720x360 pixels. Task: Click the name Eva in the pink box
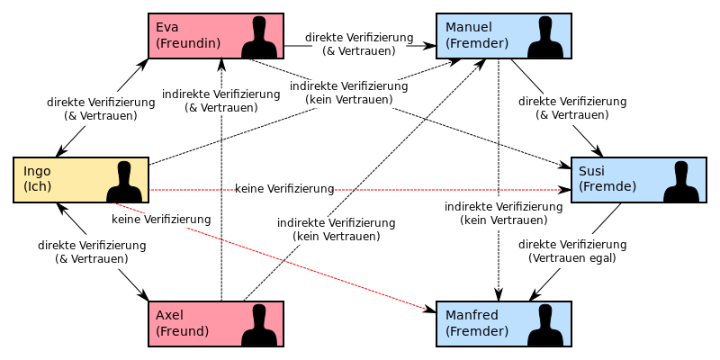click(167, 27)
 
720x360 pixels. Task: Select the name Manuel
click(469, 27)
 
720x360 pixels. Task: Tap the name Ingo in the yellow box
click(37, 171)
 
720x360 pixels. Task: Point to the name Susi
click(591, 171)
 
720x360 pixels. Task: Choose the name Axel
click(169, 315)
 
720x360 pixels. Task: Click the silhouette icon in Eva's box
click(259, 38)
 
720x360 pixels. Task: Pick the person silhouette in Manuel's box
click(544, 38)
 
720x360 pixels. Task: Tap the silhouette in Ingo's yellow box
click(124, 182)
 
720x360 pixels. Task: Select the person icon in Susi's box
click(681, 182)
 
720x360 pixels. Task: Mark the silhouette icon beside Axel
click(259, 326)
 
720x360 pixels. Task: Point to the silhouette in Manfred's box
click(544, 326)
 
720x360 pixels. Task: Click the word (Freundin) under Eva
click(188, 42)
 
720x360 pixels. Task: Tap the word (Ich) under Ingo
click(38, 186)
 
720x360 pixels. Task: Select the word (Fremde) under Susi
click(607, 186)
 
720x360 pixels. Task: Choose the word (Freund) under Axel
click(182, 330)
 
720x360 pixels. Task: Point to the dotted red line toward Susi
click(450, 190)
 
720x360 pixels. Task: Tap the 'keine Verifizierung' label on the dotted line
click(285, 189)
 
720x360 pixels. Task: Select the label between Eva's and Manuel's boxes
click(359, 44)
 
